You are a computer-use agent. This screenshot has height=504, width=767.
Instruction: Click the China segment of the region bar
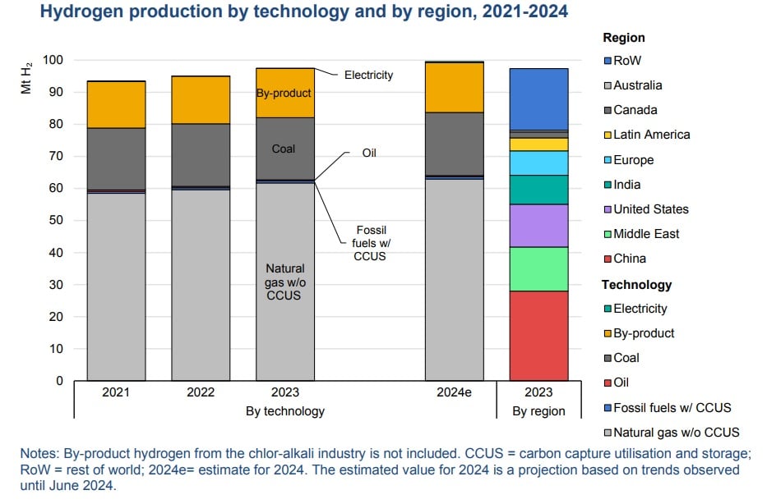tap(538, 336)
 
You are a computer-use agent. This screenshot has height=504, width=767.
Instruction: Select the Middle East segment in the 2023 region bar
tap(538, 268)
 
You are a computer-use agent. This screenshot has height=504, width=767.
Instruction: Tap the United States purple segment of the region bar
tap(538, 226)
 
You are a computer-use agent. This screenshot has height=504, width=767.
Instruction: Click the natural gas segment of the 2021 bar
tap(116, 287)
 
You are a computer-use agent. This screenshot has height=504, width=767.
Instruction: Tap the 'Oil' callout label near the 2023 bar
tap(369, 153)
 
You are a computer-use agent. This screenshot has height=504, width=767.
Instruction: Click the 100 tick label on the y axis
tap(53, 61)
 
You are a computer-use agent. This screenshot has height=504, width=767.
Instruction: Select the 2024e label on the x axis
tap(454, 392)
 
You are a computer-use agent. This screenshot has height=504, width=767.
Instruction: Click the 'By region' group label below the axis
tap(538, 411)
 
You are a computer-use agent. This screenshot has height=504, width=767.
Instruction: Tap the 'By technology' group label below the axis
tap(285, 411)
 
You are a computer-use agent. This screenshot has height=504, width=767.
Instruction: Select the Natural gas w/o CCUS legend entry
tap(670, 432)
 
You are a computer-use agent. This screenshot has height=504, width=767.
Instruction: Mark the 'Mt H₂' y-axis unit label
tap(26, 78)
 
